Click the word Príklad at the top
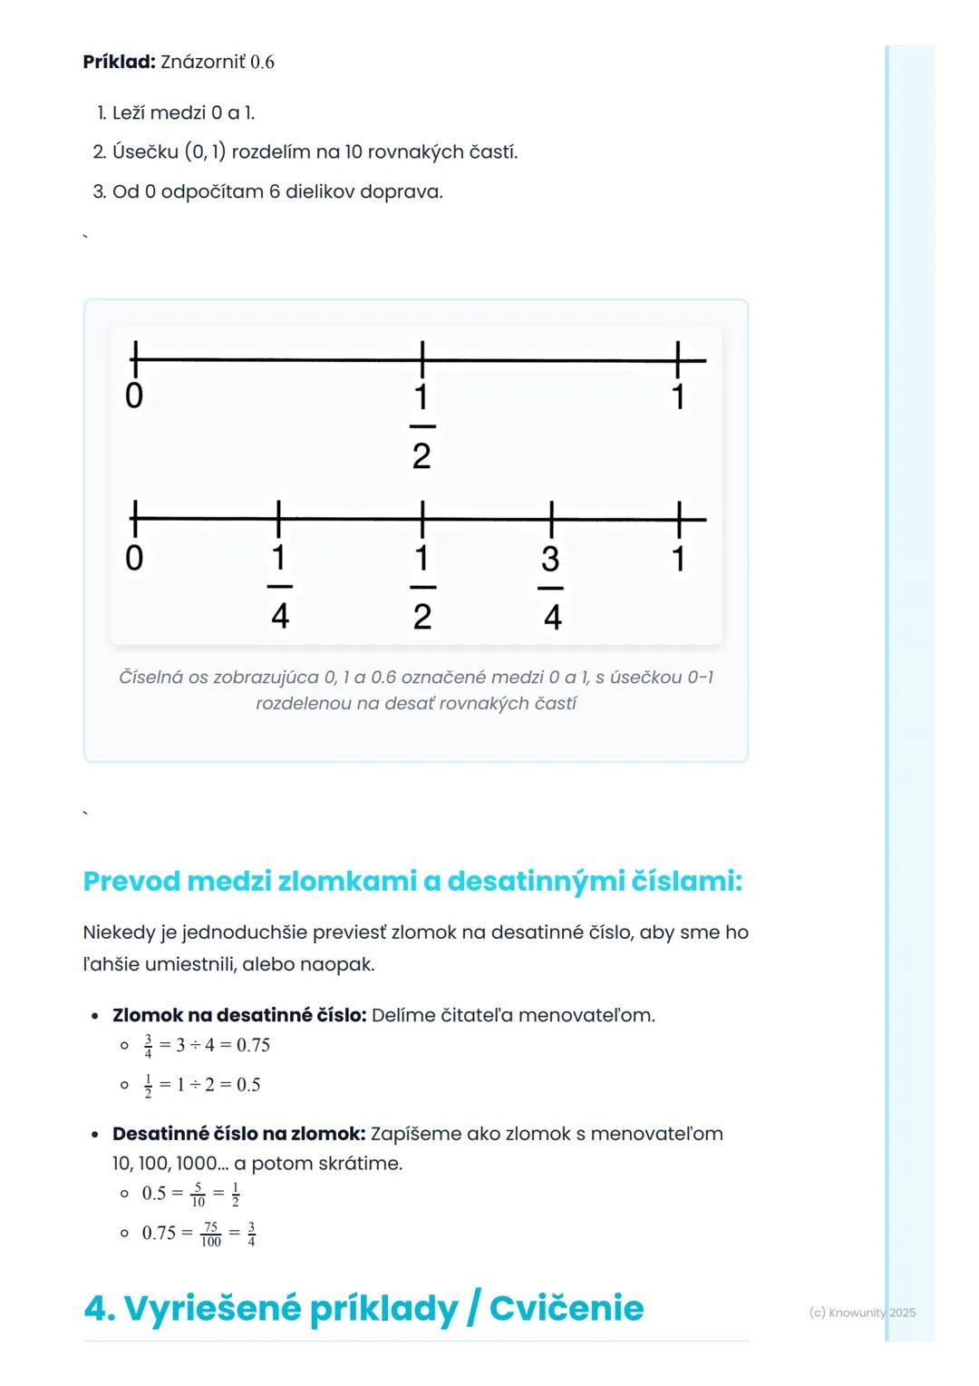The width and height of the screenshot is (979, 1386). pos(119,62)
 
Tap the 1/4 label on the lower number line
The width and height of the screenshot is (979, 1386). pos(279,586)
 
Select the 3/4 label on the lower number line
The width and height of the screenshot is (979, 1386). pos(551,587)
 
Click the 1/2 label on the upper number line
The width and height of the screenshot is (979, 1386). pos(422,425)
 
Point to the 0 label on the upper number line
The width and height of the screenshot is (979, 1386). pos(134,396)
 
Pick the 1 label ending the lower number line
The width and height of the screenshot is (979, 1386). pos(678,558)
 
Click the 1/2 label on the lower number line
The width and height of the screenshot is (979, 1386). pos(422,586)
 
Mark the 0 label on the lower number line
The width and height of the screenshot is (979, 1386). pos(134,558)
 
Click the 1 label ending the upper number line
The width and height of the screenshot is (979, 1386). pos(678,396)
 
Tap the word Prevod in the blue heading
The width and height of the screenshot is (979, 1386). pos(131,881)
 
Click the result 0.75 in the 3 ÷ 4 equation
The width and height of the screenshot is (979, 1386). pos(253,1045)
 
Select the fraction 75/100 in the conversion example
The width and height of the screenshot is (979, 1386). pos(210,1234)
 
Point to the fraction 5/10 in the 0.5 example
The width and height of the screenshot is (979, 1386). pos(198,1194)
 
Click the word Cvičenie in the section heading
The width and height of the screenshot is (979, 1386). pos(567,1308)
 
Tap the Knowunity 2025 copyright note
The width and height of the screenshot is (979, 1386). pos(862,1313)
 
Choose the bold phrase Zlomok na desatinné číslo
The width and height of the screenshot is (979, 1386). pos(239,1015)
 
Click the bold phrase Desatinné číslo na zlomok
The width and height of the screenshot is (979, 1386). pos(239,1134)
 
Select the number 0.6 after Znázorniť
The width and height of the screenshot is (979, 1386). pos(262,62)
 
